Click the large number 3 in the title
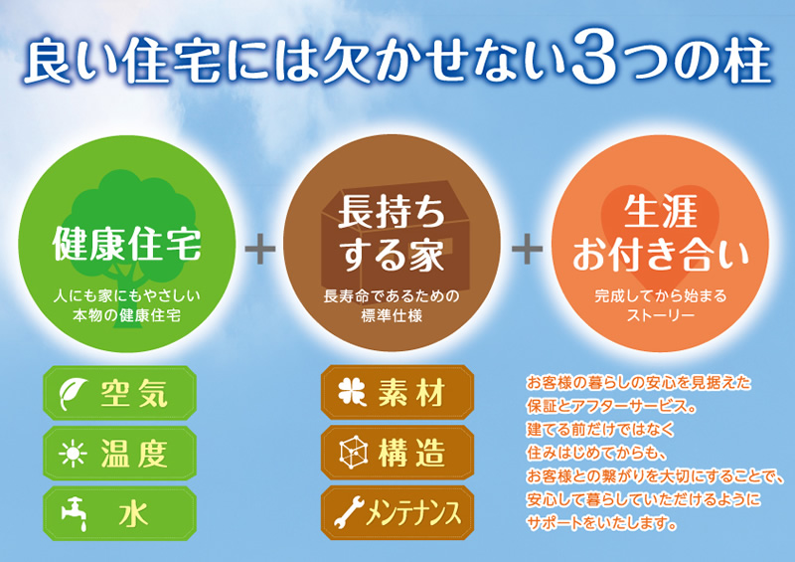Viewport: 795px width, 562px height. pyautogui.click(x=594, y=56)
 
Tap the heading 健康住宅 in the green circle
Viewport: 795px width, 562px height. pyautogui.click(x=127, y=243)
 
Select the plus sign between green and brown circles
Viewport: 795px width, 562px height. pyautogui.click(x=260, y=249)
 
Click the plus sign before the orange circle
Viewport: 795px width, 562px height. pyautogui.click(x=528, y=249)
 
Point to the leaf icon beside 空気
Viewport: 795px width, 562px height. pyautogui.click(x=72, y=394)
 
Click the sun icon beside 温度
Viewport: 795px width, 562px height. pyautogui.click(x=73, y=453)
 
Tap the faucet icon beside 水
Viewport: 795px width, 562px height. pyautogui.click(x=74, y=514)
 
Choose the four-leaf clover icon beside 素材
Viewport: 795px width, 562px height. pyautogui.click(x=352, y=392)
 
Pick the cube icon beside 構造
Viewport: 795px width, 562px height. pyautogui.click(x=353, y=452)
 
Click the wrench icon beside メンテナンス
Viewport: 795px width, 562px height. pyautogui.click(x=350, y=511)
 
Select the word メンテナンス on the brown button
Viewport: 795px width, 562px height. pyautogui.click(x=414, y=511)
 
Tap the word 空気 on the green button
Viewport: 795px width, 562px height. pyautogui.click(x=134, y=394)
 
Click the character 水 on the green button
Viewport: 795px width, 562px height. pyautogui.click(x=133, y=514)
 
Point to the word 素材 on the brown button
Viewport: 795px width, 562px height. pyautogui.click(x=411, y=392)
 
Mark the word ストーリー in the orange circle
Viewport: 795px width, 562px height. pyautogui.click(x=661, y=315)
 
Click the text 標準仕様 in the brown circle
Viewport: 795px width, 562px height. pyautogui.click(x=392, y=315)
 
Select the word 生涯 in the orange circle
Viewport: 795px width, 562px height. pyautogui.click(x=661, y=212)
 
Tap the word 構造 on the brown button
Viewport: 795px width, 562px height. pyautogui.click(x=411, y=453)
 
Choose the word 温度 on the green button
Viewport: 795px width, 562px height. pyautogui.click(x=134, y=454)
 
